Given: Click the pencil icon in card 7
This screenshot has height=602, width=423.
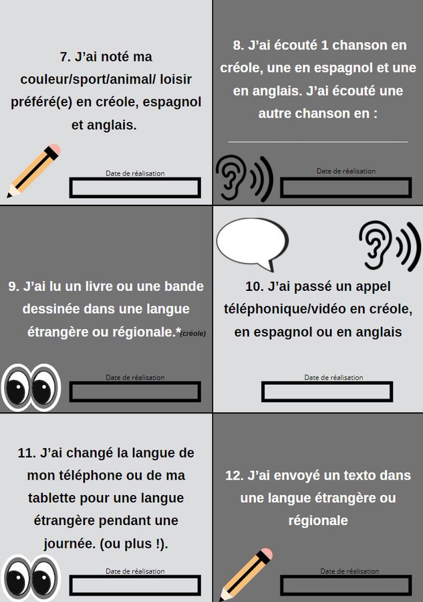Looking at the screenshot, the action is tap(34, 171).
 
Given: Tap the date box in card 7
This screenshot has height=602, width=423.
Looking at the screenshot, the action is tap(135, 188).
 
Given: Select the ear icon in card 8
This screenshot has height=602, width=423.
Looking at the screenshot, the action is tap(244, 179).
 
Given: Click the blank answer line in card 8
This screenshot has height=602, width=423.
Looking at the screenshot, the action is tap(318, 142).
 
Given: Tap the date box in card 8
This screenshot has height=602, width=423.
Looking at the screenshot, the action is tap(346, 188).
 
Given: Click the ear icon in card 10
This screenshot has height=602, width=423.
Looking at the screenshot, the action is tap(390, 245).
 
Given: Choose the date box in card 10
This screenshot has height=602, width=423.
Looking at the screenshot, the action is tap(327, 391).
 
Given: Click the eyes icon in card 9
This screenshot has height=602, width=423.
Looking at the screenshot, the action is tap(31, 388).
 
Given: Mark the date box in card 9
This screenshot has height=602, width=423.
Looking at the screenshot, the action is tap(135, 391).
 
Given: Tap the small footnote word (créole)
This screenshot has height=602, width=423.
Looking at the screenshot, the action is tap(193, 334).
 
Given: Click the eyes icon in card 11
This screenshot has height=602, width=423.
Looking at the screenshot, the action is tap(31, 578).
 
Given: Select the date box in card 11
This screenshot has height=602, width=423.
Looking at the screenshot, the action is tap(135, 585).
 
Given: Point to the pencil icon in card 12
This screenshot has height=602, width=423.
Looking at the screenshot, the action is tap(246, 575).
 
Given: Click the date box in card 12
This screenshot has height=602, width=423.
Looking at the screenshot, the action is tap(346, 585).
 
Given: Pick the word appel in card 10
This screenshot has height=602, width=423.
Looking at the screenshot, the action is tap(373, 287).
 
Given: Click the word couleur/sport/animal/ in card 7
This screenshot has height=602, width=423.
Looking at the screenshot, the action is tap(88, 80).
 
